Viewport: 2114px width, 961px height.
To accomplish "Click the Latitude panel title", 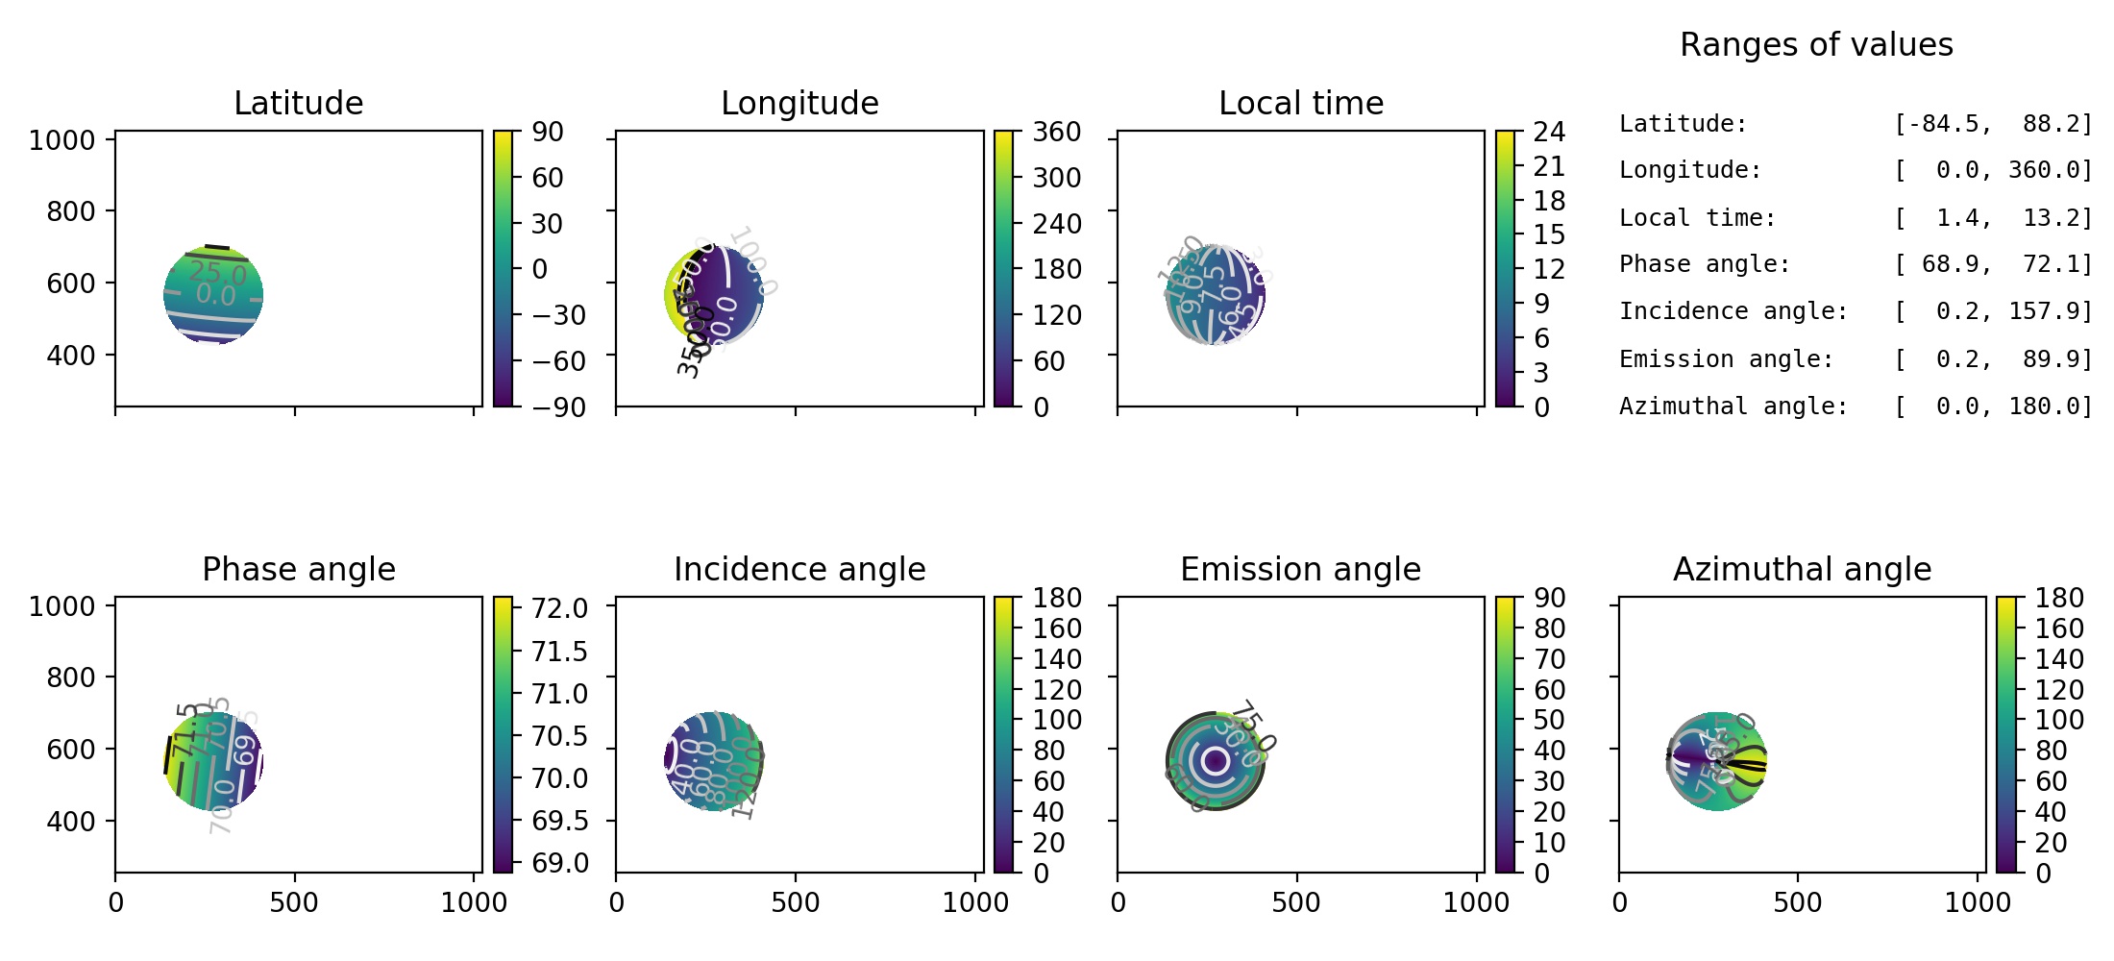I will [x=298, y=103].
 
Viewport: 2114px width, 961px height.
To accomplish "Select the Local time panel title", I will [x=1300, y=103].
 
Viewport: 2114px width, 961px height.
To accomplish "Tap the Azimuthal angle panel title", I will [x=1802, y=569].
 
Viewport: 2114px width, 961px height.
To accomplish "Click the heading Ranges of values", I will [x=1816, y=44].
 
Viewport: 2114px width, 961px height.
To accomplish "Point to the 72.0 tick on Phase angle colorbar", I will [x=559, y=608].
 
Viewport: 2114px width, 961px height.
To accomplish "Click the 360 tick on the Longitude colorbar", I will [x=1056, y=132].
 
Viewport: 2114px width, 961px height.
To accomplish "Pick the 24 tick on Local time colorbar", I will [x=1549, y=132].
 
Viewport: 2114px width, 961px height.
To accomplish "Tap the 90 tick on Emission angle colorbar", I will [x=1549, y=598].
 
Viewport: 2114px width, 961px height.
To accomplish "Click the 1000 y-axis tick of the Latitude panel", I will [x=61, y=140].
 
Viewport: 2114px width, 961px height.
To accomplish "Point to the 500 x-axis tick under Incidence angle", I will [x=795, y=902].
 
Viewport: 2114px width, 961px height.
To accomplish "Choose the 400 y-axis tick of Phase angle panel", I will [x=71, y=822].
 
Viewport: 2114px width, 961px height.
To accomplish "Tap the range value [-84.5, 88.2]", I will [x=1992, y=124].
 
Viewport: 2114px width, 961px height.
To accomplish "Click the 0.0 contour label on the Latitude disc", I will [x=215, y=296].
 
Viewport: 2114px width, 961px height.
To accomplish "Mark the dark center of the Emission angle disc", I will [x=1216, y=761].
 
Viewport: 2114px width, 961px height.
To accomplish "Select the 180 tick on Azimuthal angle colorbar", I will [x=2058, y=598].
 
